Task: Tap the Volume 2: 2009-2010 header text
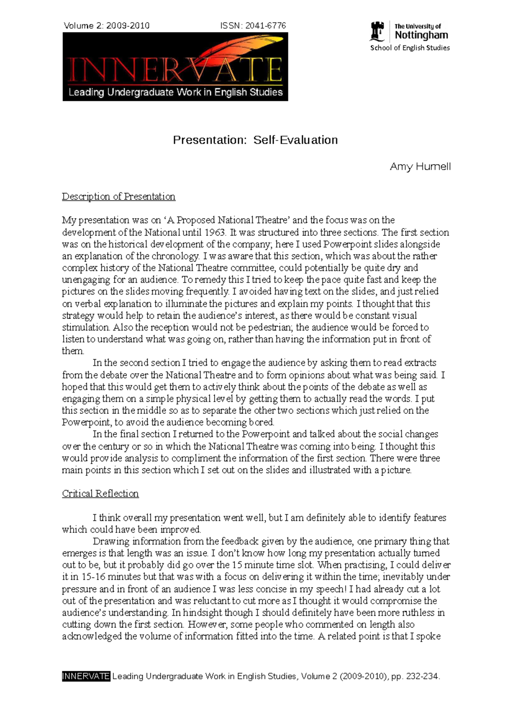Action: [106, 26]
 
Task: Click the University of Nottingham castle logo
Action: [377, 32]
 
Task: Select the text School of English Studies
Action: [410, 48]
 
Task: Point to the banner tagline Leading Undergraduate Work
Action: [175, 92]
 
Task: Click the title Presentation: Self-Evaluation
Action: [255, 140]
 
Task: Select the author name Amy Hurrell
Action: [420, 167]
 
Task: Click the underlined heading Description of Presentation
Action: [118, 196]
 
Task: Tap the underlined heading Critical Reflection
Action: [100, 494]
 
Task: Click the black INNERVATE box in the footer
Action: [86, 676]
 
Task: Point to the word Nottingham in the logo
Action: [421, 35]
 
